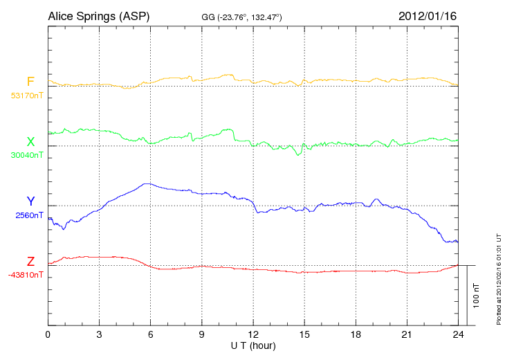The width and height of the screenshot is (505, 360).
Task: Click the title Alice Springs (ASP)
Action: (x=99, y=15)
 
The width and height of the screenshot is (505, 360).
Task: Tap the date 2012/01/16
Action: (x=427, y=15)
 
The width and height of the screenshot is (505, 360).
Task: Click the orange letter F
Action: (x=30, y=82)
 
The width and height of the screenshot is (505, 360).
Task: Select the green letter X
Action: (x=30, y=142)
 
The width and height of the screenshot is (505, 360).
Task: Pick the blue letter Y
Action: (x=30, y=202)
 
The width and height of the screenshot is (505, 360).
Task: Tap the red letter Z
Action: (x=30, y=262)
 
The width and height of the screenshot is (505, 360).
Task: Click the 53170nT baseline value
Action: (x=26, y=96)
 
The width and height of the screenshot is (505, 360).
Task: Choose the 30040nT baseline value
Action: (x=26, y=155)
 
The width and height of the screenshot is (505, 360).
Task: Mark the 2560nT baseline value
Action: (x=28, y=215)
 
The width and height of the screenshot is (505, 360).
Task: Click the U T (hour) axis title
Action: (x=253, y=345)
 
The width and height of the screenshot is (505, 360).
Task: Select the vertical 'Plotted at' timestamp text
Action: (x=499, y=277)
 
